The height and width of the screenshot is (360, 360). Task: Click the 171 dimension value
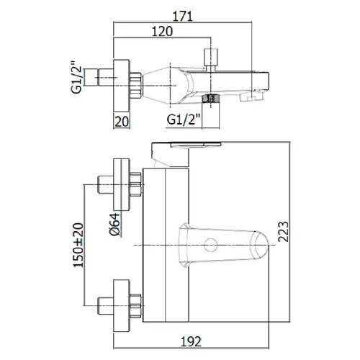[x=183, y=17]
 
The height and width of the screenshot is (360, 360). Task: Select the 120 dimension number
[x=162, y=32]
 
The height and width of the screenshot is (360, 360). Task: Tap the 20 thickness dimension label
[x=122, y=122]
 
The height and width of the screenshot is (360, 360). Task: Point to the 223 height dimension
[x=283, y=231]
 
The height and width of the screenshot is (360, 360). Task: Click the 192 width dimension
[x=191, y=341]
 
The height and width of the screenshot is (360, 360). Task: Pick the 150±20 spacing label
[x=78, y=245]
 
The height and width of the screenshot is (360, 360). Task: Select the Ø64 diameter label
[x=114, y=224]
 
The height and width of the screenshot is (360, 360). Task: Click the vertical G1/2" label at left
[x=76, y=77]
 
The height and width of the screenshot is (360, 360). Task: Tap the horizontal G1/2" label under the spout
[x=184, y=120]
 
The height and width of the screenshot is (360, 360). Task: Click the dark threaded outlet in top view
[x=210, y=98]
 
